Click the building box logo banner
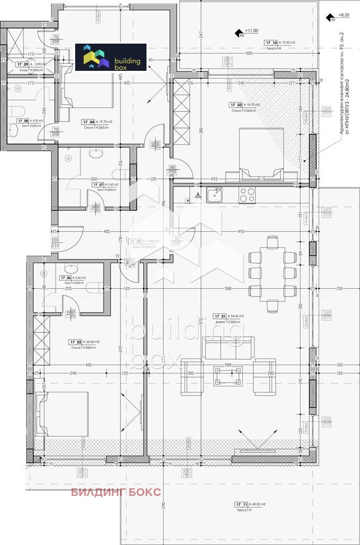pos(111,57)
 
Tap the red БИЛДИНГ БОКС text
pos(116,492)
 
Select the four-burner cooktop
pos(246,194)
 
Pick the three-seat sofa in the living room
pos(228,347)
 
